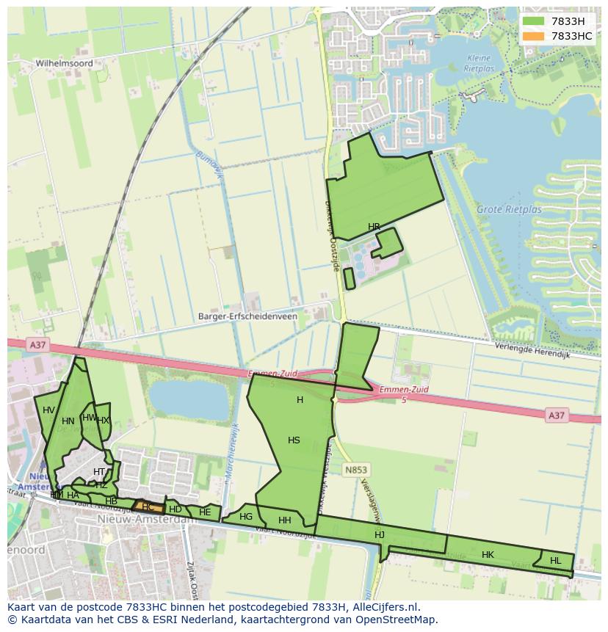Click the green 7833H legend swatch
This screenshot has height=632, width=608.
pos(534,21)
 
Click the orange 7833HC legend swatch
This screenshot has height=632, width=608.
pos(534,36)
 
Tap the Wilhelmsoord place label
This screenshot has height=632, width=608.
pos(65,64)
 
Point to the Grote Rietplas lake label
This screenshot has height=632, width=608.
pos(509,210)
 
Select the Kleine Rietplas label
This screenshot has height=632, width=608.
pos(480,63)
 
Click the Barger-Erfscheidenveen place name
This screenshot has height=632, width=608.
pos(247,317)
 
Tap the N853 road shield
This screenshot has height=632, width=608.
pos(356,469)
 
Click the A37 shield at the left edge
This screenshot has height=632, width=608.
pos(37,344)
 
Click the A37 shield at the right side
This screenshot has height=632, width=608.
pos(557,415)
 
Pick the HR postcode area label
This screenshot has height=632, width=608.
pos(374,227)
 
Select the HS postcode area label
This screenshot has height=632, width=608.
pos(294,440)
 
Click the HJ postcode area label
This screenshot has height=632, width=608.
pos(380,535)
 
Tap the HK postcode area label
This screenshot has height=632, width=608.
pos(488,555)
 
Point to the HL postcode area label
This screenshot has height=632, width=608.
pos(555,561)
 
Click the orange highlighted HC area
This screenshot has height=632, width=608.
pos(148,506)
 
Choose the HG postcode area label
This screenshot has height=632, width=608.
pos(246,517)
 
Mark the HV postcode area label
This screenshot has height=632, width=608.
pos(48,410)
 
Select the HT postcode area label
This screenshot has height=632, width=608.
pos(99,472)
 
